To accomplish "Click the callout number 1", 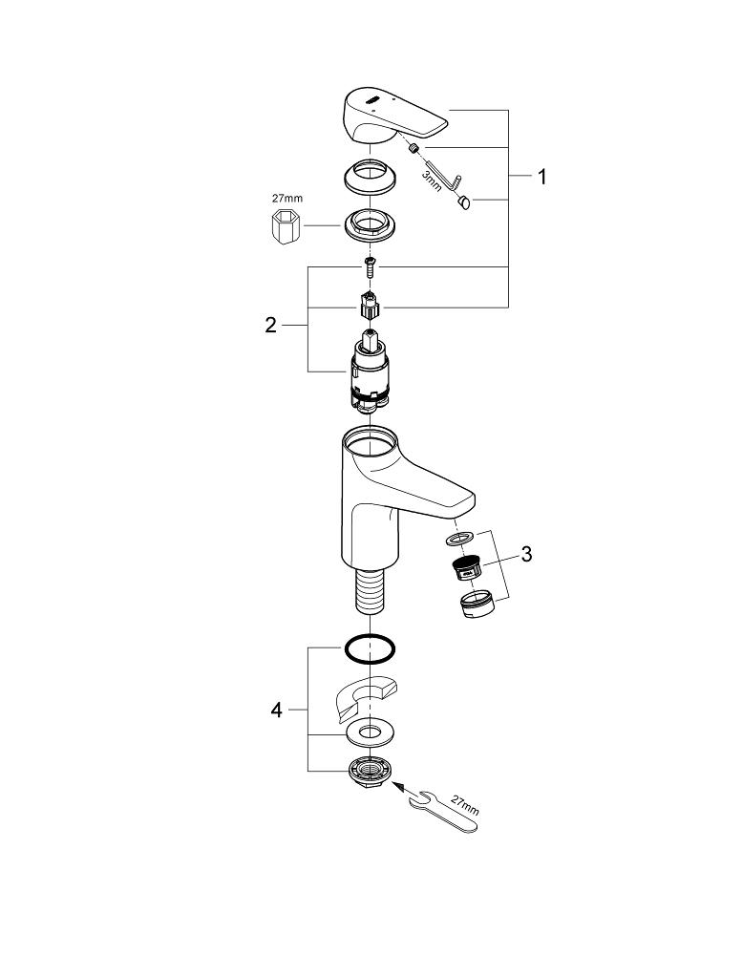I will (541, 178).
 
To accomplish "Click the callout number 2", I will (270, 326).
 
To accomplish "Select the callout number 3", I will (527, 554).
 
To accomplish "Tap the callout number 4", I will (276, 711).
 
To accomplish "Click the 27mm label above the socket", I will (286, 200).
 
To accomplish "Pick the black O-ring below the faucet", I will (370, 648).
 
